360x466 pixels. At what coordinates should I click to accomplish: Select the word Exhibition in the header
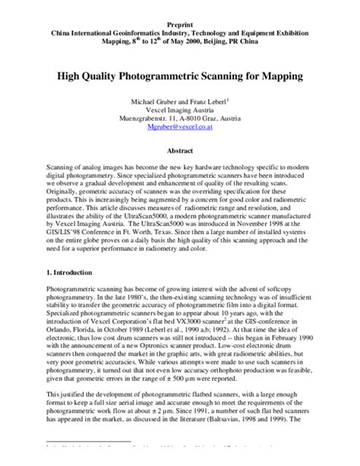tap(297, 34)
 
